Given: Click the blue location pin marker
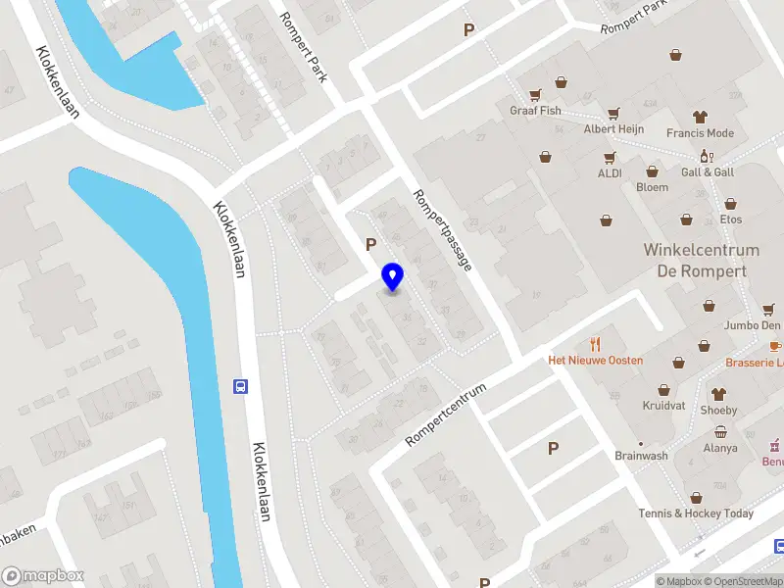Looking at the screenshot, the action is click(392, 276).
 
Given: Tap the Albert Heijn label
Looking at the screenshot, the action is click(613, 129).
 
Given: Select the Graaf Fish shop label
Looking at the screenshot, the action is click(536, 111).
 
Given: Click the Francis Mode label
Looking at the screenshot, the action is click(700, 133).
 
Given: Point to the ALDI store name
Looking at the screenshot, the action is click(610, 173).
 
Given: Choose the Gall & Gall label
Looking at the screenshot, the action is click(708, 172).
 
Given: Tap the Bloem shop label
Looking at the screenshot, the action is click(652, 187).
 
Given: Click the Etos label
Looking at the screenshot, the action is click(730, 220).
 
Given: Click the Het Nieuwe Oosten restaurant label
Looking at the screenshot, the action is click(595, 361).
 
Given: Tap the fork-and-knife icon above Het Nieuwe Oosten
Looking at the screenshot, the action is click(595, 343).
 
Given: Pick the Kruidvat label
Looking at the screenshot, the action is click(663, 405).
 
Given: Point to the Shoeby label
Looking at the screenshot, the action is click(718, 411).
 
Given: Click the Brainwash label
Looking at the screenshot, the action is click(641, 456).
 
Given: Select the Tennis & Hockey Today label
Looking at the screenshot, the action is click(696, 514).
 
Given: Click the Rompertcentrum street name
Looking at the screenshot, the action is click(446, 415).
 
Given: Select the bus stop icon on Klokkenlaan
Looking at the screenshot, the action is click(239, 386).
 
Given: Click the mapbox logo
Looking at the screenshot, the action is click(43, 576).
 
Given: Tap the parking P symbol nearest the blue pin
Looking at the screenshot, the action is click(370, 244).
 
